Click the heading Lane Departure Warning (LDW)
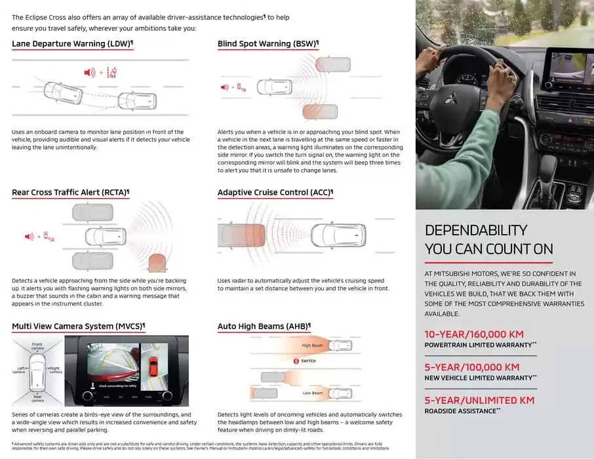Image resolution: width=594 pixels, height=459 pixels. click(x=71, y=44)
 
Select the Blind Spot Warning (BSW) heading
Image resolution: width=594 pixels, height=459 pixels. click(x=267, y=44)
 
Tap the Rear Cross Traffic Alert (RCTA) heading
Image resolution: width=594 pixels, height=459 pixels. click(x=69, y=193)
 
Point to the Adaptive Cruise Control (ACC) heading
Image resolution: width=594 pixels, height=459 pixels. click(x=274, y=193)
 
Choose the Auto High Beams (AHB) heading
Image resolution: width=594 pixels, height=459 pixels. click(x=263, y=326)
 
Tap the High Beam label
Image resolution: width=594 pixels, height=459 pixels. click(x=312, y=345)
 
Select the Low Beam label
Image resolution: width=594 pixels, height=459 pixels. click(x=312, y=393)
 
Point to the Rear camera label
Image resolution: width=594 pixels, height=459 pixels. click(x=39, y=398)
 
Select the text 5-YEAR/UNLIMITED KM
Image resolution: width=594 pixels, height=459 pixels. click(x=479, y=400)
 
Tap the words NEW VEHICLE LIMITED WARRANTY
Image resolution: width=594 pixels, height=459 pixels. click(x=479, y=378)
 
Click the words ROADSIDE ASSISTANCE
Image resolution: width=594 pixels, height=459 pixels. click(x=460, y=410)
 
